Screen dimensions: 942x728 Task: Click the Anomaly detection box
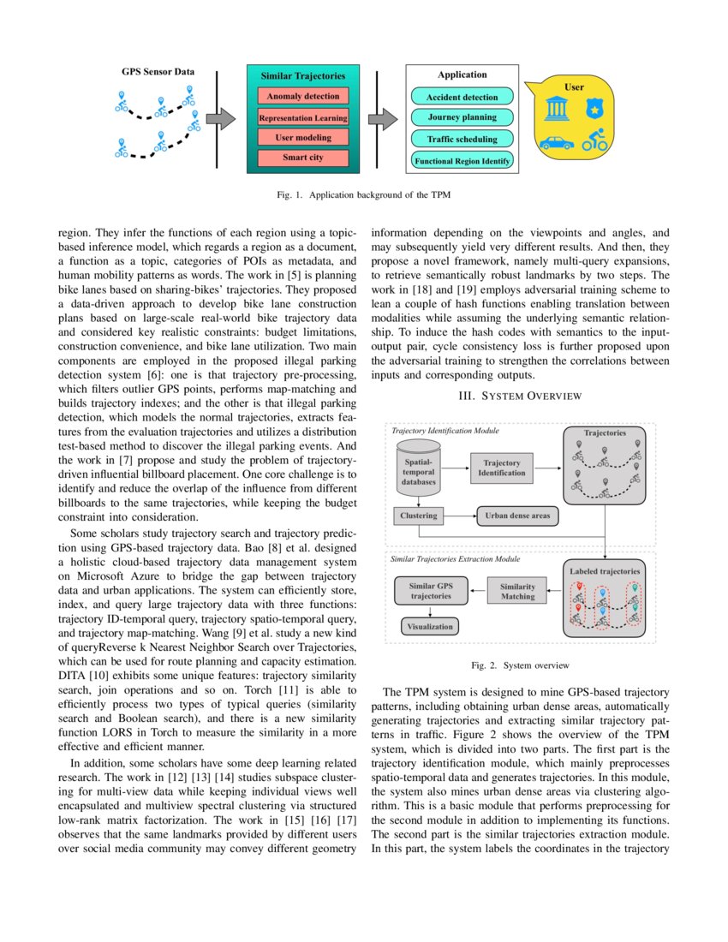point(302,97)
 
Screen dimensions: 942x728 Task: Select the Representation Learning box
point(302,117)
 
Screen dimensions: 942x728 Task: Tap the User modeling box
point(302,137)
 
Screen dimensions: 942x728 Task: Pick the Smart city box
point(302,158)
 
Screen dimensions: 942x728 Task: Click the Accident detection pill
point(462,97)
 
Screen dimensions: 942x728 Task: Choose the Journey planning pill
point(462,117)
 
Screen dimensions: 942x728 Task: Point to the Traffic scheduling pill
point(462,139)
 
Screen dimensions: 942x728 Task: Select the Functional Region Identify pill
point(462,160)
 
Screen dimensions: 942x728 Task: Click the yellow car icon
point(557,143)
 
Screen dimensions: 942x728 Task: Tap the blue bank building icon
point(556,110)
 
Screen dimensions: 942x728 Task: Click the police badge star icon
point(593,110)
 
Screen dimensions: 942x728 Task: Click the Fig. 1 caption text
point(364,195)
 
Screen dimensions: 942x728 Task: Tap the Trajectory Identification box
point(502,468)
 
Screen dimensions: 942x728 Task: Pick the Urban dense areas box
point(517,516)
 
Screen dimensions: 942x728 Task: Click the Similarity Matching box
point(517,592)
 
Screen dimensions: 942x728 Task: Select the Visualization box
point(429,626)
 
